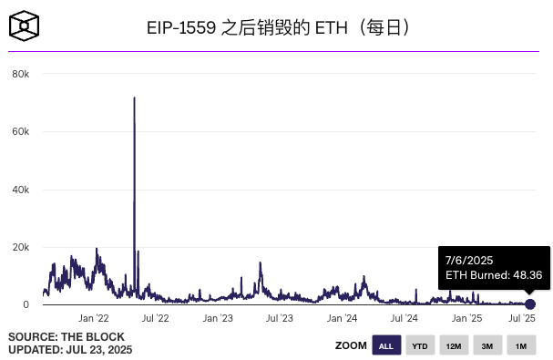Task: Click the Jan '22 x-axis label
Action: click(94, 318)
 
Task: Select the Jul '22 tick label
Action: click(156, 318)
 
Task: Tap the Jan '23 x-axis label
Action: click(219, 318)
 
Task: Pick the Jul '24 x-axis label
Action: click(404, 318)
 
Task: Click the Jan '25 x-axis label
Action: click(467, 318)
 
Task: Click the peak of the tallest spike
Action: click(135, 98)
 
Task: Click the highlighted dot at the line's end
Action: click(530, 303)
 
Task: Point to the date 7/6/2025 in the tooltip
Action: click(469, 260)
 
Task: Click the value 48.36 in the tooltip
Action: click(523, 274)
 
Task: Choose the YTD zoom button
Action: click(419, 345)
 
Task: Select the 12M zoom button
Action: click(453, 345)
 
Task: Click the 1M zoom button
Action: click(520, 345)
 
